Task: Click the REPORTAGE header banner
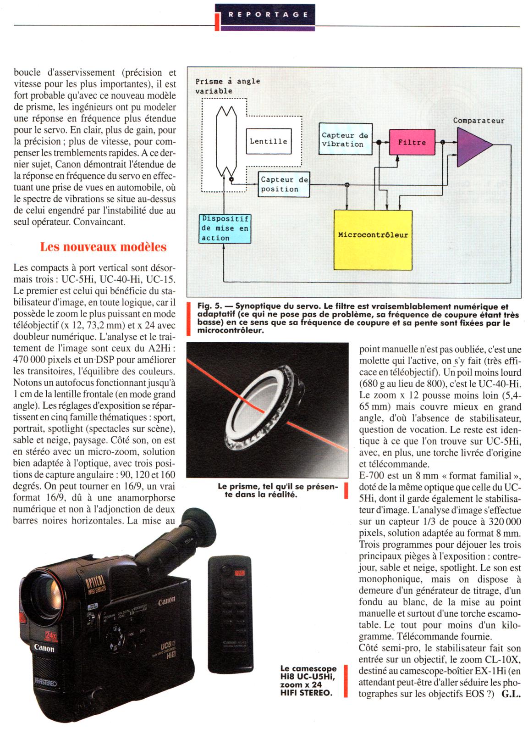coord(264,14)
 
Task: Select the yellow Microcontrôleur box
coord(373,234)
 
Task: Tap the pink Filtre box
coord(411,142)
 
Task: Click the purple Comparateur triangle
coord(472,146)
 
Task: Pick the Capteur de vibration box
coord(345,139)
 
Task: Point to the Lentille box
coord(268,141)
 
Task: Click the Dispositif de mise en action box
coord(225,228)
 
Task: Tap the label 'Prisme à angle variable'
coord(227,86)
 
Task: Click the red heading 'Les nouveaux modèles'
coord(103,247)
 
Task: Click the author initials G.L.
coord(511,694)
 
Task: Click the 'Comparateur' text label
coord(478,121)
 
